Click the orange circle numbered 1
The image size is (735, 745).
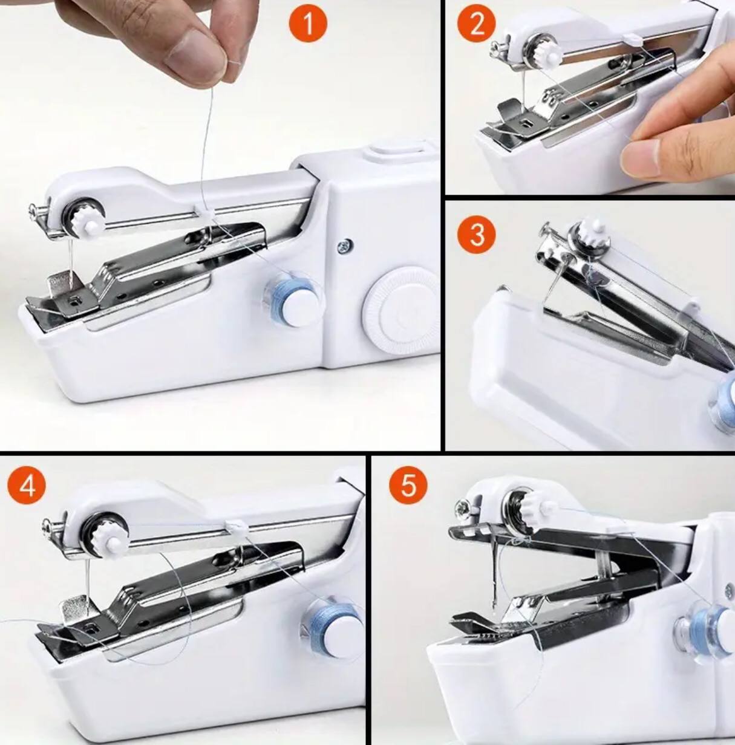tap(307, 24)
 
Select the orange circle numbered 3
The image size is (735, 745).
tap(477, 233)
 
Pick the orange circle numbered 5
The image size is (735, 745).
tap(408, 484)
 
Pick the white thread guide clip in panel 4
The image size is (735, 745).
tap(235, 528)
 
